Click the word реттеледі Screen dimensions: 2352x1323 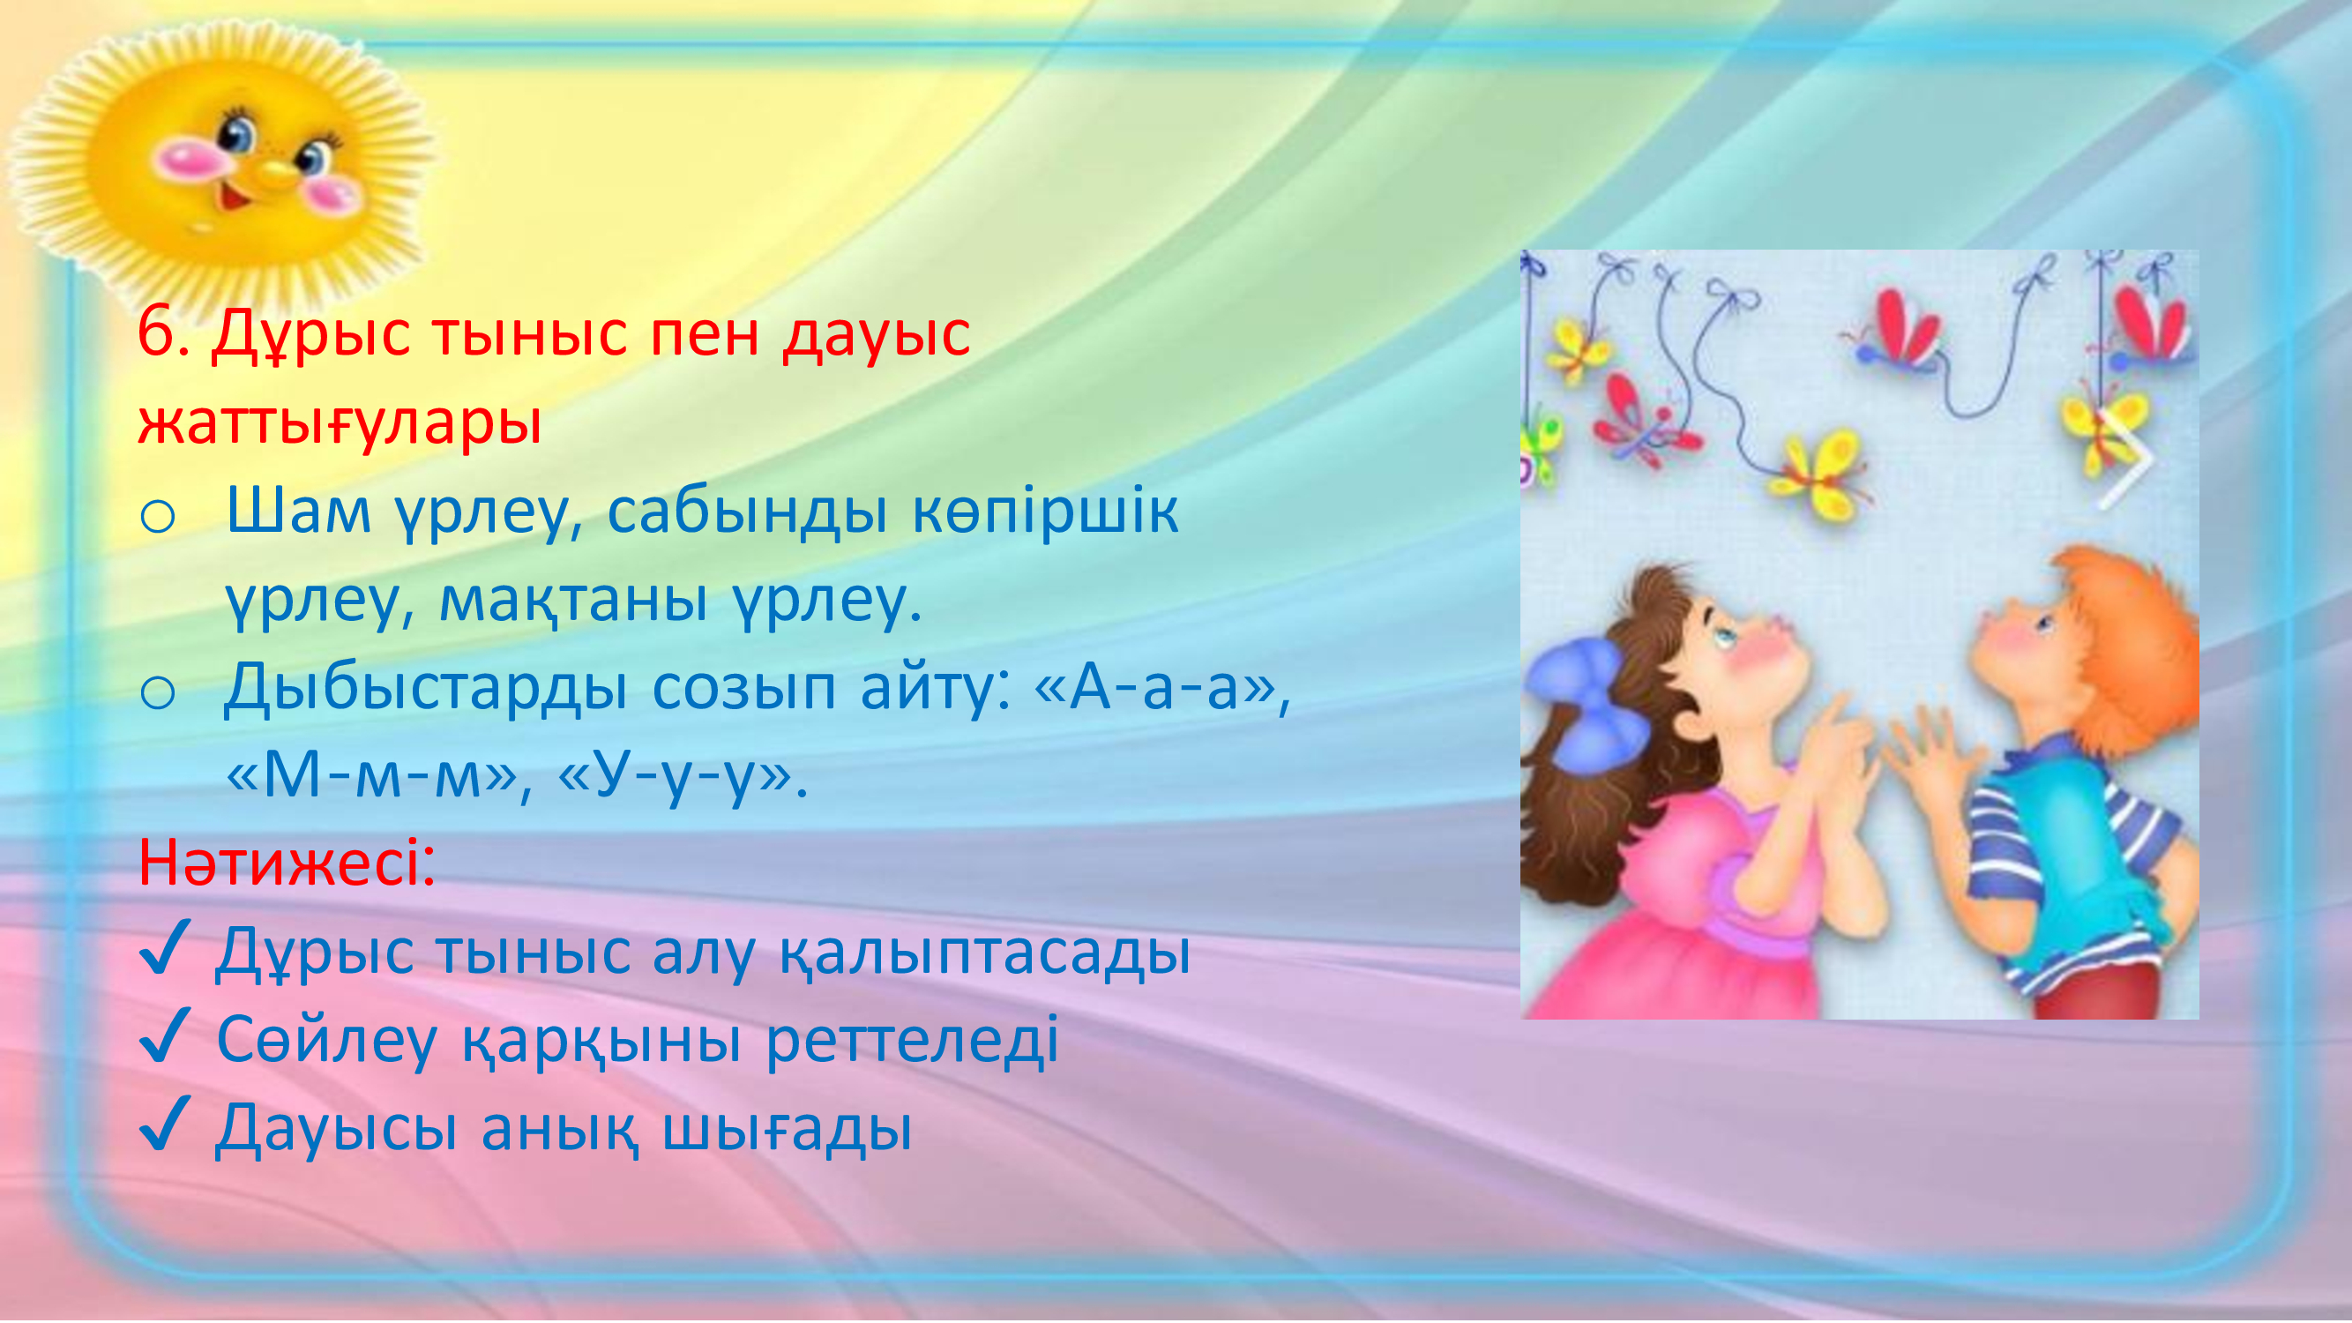click(912, 1039)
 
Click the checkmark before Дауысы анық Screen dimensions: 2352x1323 click(165, 1124)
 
